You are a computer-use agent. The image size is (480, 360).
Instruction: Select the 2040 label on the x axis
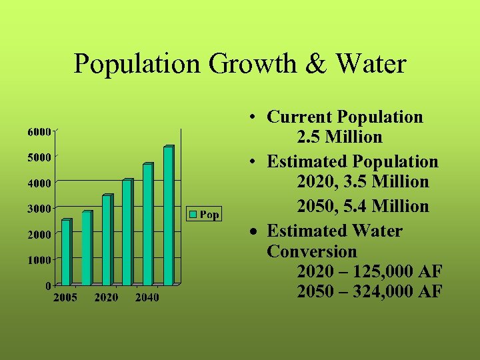[x=147, y=297]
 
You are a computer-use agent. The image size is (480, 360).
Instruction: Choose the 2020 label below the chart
[x=107, y=297]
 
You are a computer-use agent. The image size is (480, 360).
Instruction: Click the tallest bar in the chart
[x=168, y=215]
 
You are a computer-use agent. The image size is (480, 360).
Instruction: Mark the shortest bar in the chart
[x=65, y=252]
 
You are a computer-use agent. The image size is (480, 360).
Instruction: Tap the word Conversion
[x=312, y=252]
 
